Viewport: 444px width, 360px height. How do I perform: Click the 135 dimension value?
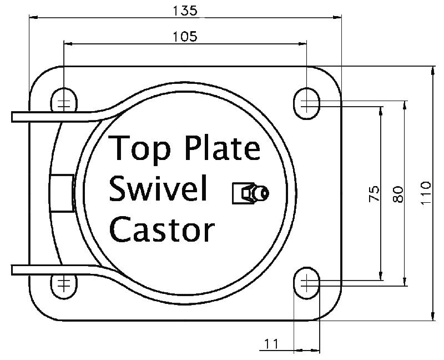(185, 9)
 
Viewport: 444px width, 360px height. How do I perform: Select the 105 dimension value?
(185, 36)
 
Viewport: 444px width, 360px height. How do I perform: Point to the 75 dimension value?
(375, 193)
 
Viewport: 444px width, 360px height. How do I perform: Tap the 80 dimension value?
(397, 193)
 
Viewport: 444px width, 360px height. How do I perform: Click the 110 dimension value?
(426, 193)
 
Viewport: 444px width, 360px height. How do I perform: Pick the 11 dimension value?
(270, 344)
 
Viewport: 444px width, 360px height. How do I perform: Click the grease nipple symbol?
(251, 193)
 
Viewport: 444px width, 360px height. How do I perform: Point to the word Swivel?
(159, 189)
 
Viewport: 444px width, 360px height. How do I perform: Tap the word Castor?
(162, 228)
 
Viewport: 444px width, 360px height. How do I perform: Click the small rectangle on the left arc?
(61, 193)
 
